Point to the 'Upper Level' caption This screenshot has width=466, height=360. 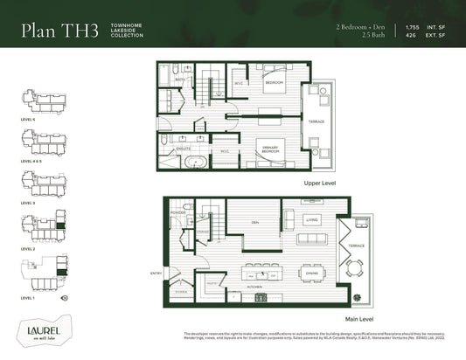pos(321,185)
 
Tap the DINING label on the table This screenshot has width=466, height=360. pos(312,272)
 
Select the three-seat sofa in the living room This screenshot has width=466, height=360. pos(312,239)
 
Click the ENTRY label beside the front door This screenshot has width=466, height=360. pos(156,273)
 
